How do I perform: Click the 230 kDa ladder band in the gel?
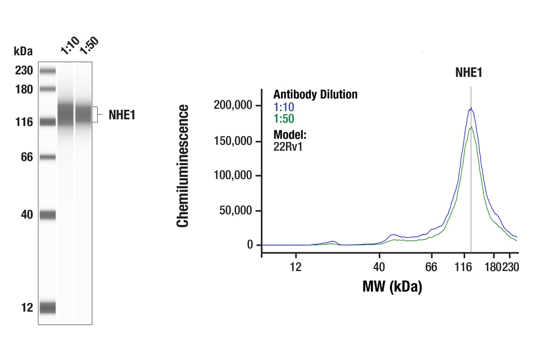(48, 71)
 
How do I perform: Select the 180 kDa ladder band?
(48, 89)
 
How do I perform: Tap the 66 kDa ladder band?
(48, 157)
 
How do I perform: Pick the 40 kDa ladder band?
(48, 215)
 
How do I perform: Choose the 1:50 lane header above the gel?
(89, 45)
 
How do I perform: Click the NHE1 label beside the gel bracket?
(122, 115)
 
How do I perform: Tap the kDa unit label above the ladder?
(23, 51)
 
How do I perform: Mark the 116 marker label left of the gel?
(23, 122)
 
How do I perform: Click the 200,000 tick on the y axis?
(233, 105)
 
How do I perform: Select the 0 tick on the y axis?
(249, 245)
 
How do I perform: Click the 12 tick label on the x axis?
(295, 267)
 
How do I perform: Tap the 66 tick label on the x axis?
(431, 267)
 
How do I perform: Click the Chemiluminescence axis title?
(183, 166)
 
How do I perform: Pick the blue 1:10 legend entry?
(284, 107)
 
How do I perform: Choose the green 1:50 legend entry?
(284, 119)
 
